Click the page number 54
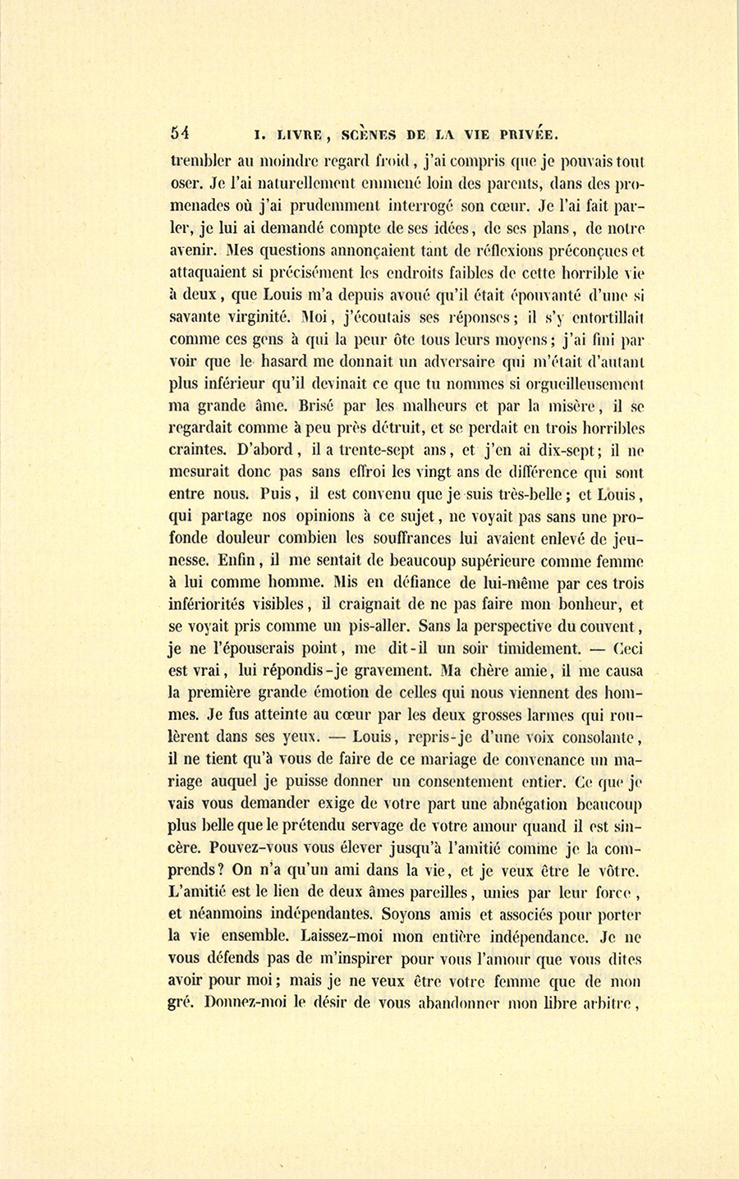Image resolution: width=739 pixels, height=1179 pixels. click(x=180, y=132)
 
